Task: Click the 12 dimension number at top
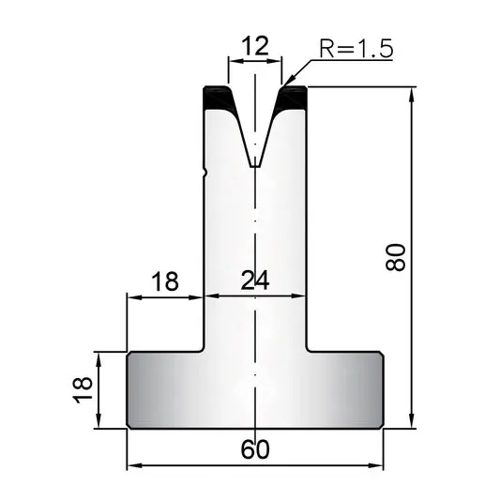(x=255, y=46)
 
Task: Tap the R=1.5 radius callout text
(x=356, y=49)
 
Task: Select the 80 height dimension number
(x=396, y=257)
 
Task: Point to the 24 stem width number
(x=255, y=280)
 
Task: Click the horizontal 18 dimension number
(x=165, y=281)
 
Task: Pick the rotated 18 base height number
(x=83, y=390)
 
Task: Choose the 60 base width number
(x=255, y=449)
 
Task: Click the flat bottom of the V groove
(x=255, y=166)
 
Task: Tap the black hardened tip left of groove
(x=219, y=97)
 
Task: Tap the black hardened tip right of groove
(x=292, y=97)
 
